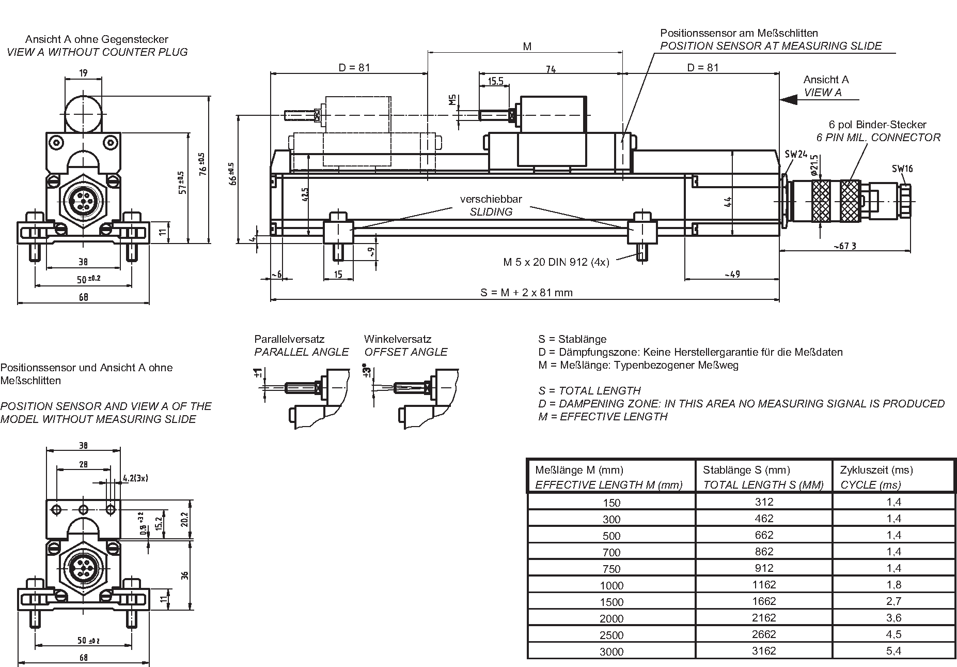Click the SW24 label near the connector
(x=796, y=154)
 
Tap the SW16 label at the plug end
(x=902, y=168)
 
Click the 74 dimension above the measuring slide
(x=551, y=69)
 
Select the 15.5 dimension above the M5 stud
(x=495, y=81)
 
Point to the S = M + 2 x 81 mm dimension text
(x=526, y=293)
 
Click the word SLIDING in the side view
(x=491, y=211)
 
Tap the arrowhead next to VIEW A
(x=789, y=99)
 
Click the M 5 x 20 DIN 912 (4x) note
(x=556, y=262)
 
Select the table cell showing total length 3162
(x=763, y=650)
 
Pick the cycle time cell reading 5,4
(x=893, y=650)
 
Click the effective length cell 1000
(x=611, y=585)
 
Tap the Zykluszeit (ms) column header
(x=876, y=470)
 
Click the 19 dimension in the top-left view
(x=83, y=73)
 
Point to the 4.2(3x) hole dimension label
(x=135, y=478)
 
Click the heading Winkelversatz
(x=397, y=339)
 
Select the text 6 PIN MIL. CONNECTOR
(x=878, y=138)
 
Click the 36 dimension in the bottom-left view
(x=185, y=575)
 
